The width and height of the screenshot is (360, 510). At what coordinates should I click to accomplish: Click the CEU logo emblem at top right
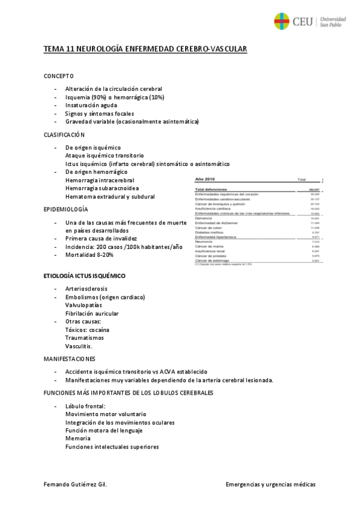coord(282,22)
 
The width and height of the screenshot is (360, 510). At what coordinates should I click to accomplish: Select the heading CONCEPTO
coord(58,76)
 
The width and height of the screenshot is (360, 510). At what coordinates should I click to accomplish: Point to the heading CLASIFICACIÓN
coord(64,135)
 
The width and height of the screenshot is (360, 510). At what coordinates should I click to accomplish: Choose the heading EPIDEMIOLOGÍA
coord(66,209)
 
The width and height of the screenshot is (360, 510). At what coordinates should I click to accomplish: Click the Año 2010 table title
coord(205,179)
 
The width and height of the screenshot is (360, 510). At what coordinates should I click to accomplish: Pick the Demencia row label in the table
coord(204,218)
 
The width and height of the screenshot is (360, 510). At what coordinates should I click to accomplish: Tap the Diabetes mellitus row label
coord(209,232)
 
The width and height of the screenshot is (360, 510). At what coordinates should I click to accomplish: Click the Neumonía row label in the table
coord(204,242)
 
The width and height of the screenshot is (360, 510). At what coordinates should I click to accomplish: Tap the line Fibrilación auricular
coord(92,313)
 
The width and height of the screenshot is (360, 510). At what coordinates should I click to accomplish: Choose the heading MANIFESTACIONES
coord(69,358)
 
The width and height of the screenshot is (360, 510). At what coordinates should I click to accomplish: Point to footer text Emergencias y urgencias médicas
coord(270,484)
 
